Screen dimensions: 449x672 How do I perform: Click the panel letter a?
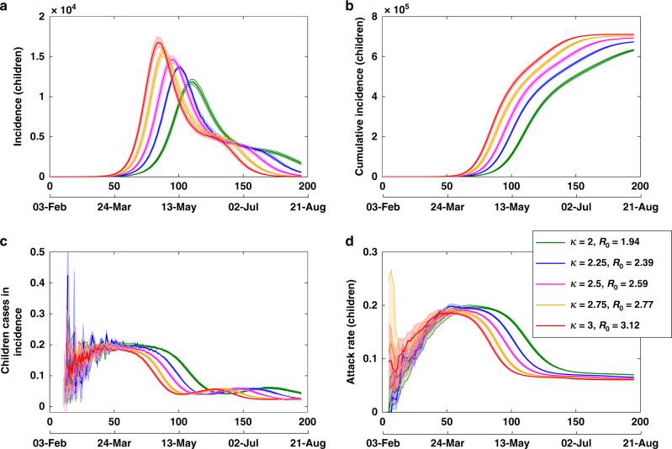tap(6, 6)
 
